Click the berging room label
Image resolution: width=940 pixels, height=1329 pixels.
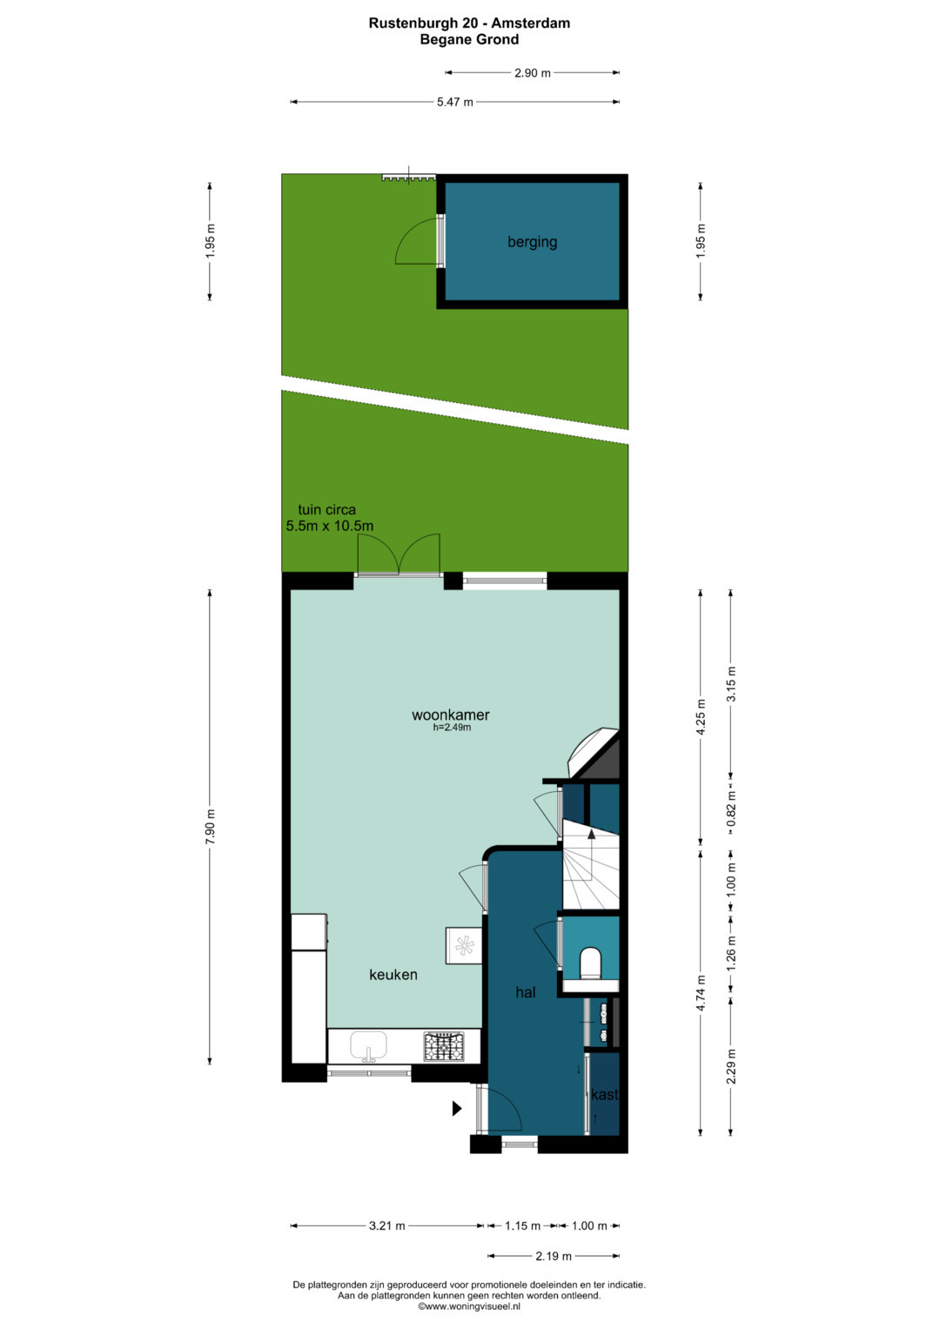pyautogui.click(x=532, y=242)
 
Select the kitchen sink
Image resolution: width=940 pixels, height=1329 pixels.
pyautogui.click(x=368, y=1046)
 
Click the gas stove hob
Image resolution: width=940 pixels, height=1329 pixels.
pyautogui.click(x=443, y=1047)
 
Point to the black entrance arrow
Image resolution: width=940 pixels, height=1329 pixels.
pyautogui.click(x=457, y=1108)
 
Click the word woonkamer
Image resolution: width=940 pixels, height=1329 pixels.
pyautogui.click(x=451, y=715)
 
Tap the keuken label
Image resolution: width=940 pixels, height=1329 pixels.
pyautogui.click(x=393, y=974)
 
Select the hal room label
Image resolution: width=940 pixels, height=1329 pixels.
pyautogui.click(x=525, y=992)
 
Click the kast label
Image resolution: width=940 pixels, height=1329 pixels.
pyautogui.click(x=604, y=1094)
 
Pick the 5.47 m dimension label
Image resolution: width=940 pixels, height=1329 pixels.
pyautogui.click(x=454, y=102)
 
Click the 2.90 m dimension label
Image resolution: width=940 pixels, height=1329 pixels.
pyautogui.click(x=533, y=73)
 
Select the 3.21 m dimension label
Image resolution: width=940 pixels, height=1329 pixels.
pyautogui.click(x=387, y=1225)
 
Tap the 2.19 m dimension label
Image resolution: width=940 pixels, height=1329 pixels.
pyautogui.click(x=553, y=1256)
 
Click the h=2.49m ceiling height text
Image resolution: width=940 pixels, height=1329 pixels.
pyautogui.click(x=452, y=728)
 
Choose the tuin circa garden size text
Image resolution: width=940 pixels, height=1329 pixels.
pyautogui.click(x=329, y=517)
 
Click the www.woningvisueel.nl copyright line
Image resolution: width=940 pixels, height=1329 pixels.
pyautogui.click(x=469, y=1306)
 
